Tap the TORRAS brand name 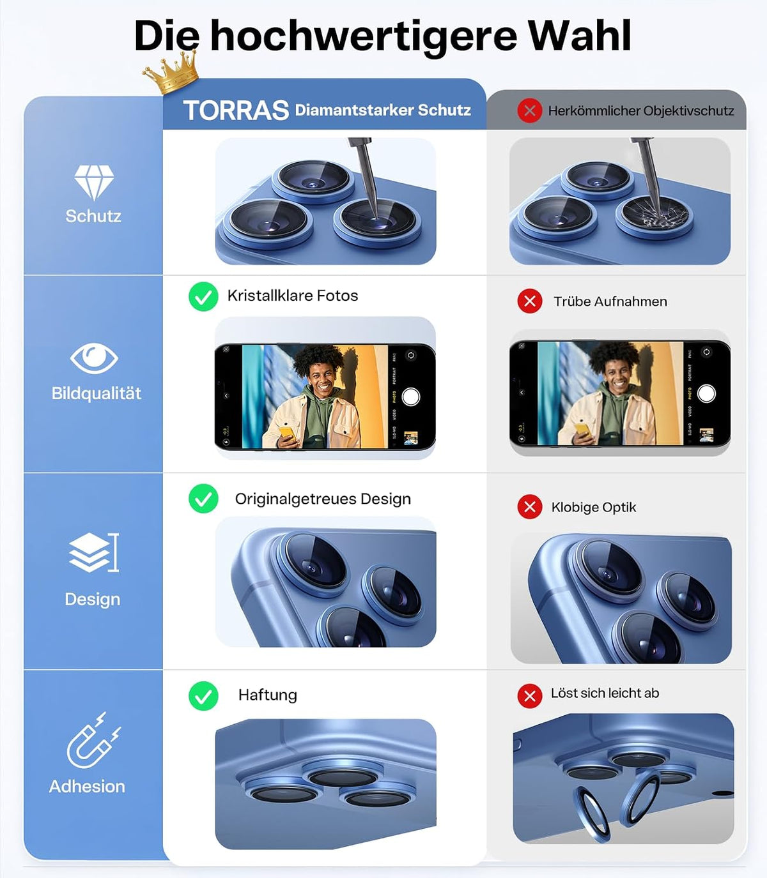236,110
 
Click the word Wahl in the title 579,36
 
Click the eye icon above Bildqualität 94,358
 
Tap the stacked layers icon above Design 93,552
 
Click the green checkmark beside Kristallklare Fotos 203,296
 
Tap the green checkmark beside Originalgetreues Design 203,499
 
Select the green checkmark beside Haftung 203,696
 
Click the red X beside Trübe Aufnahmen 530,301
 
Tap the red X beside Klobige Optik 530,507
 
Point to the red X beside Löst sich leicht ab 530,696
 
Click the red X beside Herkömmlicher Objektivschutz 530,110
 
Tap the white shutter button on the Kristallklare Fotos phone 410,397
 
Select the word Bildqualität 97,393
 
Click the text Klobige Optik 594,507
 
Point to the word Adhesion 87,787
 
